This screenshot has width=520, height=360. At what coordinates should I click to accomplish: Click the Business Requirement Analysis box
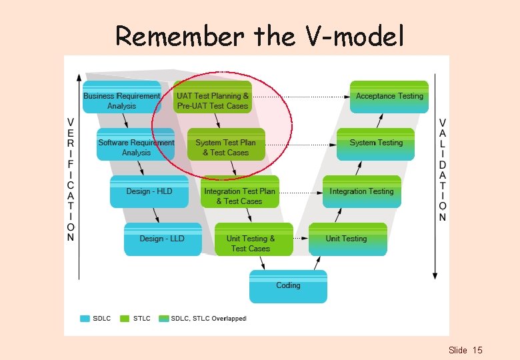pos(121,101)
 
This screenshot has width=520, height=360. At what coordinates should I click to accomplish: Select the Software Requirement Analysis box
pos(136,147)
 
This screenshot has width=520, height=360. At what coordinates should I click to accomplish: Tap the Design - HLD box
pos(149,191)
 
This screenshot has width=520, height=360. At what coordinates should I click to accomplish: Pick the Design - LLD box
pos(162,239)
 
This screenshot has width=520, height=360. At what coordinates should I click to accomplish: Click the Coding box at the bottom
pos(288,285)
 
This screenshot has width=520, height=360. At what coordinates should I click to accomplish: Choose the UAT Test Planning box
pos(213,101)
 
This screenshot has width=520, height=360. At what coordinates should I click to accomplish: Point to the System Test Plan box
pos(225,147)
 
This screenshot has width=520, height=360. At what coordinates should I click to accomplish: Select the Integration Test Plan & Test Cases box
pos(239,196)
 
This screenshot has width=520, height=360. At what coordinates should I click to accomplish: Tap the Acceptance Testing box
pos(389,97)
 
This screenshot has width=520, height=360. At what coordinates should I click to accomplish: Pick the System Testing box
pos(376,143)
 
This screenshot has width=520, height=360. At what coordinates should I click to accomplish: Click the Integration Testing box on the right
pos(361,191)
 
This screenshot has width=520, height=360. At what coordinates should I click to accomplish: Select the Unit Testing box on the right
pos(347,239)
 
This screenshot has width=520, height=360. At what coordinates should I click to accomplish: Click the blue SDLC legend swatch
pos(85,319)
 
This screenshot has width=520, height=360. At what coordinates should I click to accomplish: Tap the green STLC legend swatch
pos(125,319)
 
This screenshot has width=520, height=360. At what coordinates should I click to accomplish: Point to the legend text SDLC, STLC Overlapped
pos(208,319)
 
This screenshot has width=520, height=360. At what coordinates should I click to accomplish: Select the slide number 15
pos(477,350)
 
